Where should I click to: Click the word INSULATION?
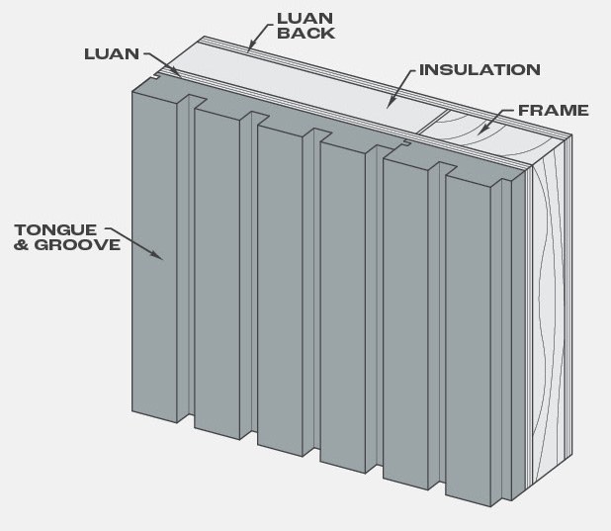(480, 70)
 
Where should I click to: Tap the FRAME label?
(554, 111)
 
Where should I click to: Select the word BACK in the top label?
(305, 34)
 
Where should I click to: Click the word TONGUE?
(55, 230)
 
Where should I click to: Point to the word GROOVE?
(77, 245)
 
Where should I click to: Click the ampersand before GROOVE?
(21, 245)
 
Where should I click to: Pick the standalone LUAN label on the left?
(112, 54)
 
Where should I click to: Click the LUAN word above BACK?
(305, 19)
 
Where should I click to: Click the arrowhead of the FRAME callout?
(482, 129)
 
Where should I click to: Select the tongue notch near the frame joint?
(407, 143)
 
